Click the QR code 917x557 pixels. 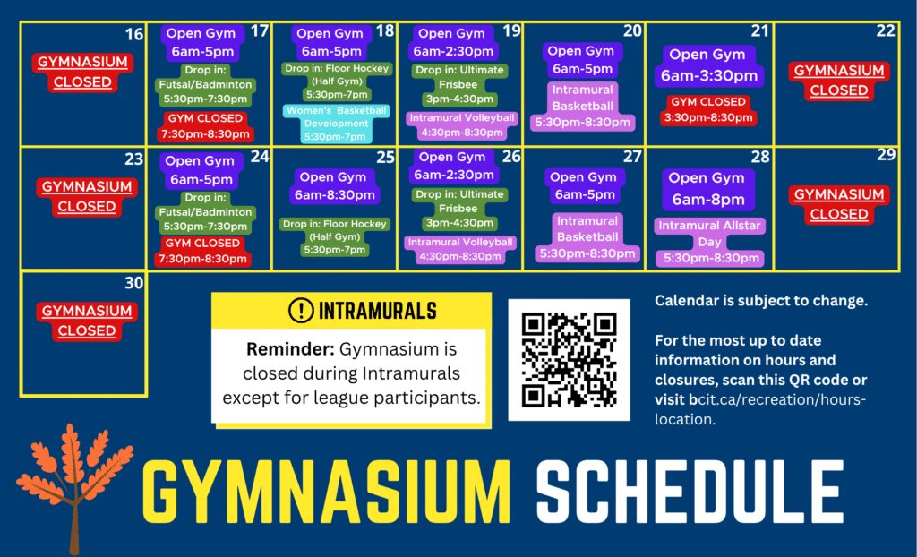pos(569,359)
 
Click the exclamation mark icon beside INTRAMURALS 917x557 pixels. pos(301,310)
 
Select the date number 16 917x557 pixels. pos(134,34)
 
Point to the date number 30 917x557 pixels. pos(134,283)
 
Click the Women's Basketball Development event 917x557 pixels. pos(337,124)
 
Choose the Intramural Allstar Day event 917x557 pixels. pos(709,242)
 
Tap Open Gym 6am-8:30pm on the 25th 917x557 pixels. pos(335,186)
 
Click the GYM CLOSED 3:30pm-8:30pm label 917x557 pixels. pos(708,110)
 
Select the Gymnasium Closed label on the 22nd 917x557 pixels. pos(839,81)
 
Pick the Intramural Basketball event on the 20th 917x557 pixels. pos(582,106)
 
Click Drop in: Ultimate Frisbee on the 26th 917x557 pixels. pos(458,209)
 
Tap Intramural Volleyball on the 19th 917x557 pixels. pos(461,125)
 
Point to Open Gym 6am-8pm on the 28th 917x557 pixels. pos(707,189)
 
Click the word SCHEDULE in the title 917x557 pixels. pos(690,492)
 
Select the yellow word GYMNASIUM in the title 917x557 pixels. pos(326,492)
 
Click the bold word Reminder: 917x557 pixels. pos(290,349)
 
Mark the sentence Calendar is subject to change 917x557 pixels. pos(761,301)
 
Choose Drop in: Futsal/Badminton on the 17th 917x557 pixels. pos(205,84)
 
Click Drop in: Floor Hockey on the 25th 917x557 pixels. pos(335,236)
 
